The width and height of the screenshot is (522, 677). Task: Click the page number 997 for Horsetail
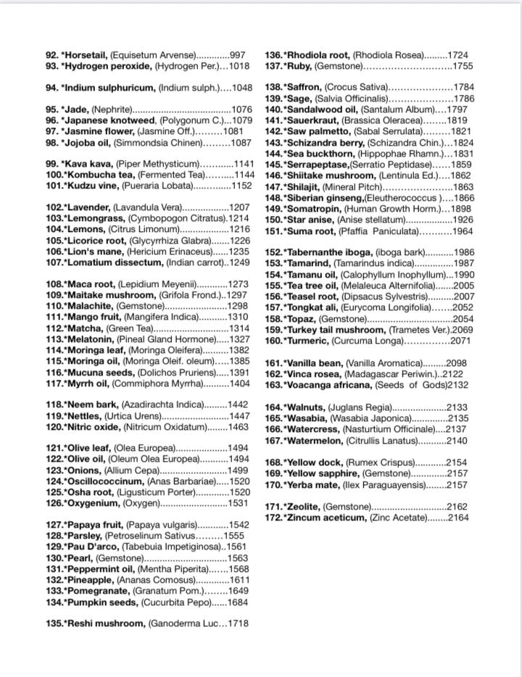238,55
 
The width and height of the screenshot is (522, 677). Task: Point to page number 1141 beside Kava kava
240,164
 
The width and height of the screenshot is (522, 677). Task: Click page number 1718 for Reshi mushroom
239,623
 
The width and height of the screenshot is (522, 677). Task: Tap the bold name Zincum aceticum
326,518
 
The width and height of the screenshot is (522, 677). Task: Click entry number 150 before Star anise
273,219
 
